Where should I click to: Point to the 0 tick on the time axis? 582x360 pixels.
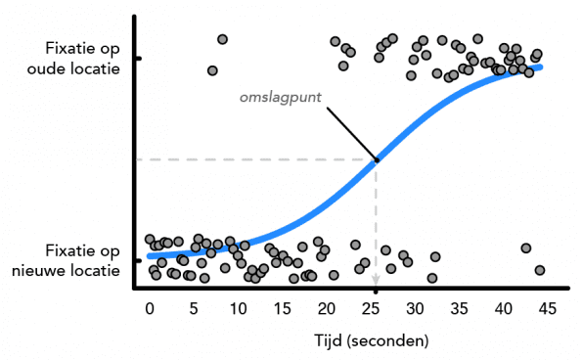(150, 308)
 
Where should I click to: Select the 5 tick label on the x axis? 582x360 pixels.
(194, 308)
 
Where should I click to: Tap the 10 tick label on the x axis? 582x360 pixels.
(239, 308)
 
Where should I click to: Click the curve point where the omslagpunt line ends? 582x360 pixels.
(377, 159)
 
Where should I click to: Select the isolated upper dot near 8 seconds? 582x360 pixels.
(222, 39)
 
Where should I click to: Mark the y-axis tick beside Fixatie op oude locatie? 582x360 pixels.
(138, 59)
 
